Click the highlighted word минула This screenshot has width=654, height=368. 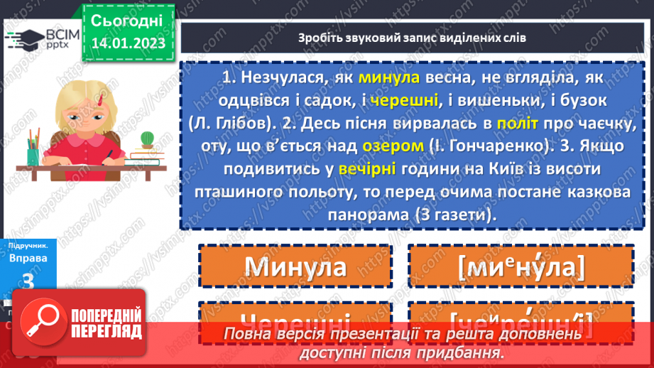click(390, 79)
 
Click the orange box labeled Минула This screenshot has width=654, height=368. click(295, 266)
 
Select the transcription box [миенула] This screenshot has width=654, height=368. click(521, 266)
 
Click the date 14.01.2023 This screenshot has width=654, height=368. click(127, 43)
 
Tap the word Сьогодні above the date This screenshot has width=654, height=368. click(127, 20)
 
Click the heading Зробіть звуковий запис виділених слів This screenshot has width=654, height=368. click(412, 37)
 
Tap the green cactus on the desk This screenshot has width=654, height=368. click(148, 138)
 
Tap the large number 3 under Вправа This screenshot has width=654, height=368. click(28, 281)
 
